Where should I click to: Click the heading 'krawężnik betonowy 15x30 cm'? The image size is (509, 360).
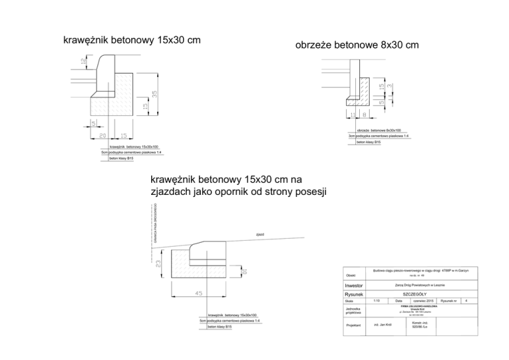click(x=131, y=40)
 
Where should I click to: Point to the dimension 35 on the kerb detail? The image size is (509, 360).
click(x=154, y=95)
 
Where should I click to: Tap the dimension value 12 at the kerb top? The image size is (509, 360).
click(x=82, y=61)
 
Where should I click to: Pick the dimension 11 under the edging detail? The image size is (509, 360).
click(x=353, y=115)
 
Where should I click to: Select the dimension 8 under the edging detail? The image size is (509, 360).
click(x=365, y=115)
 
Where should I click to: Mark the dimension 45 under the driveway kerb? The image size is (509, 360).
click(x=198, y=294)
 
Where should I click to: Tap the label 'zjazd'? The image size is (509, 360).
click(x=260, y=235)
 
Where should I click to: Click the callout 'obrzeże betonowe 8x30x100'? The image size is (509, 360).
click(x=378, y=131)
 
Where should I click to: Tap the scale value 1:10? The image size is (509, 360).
click(x=377, y=301)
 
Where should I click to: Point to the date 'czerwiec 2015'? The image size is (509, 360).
click(x=423, y=301)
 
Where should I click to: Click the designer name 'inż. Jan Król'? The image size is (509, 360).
click(x=384, y=326)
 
